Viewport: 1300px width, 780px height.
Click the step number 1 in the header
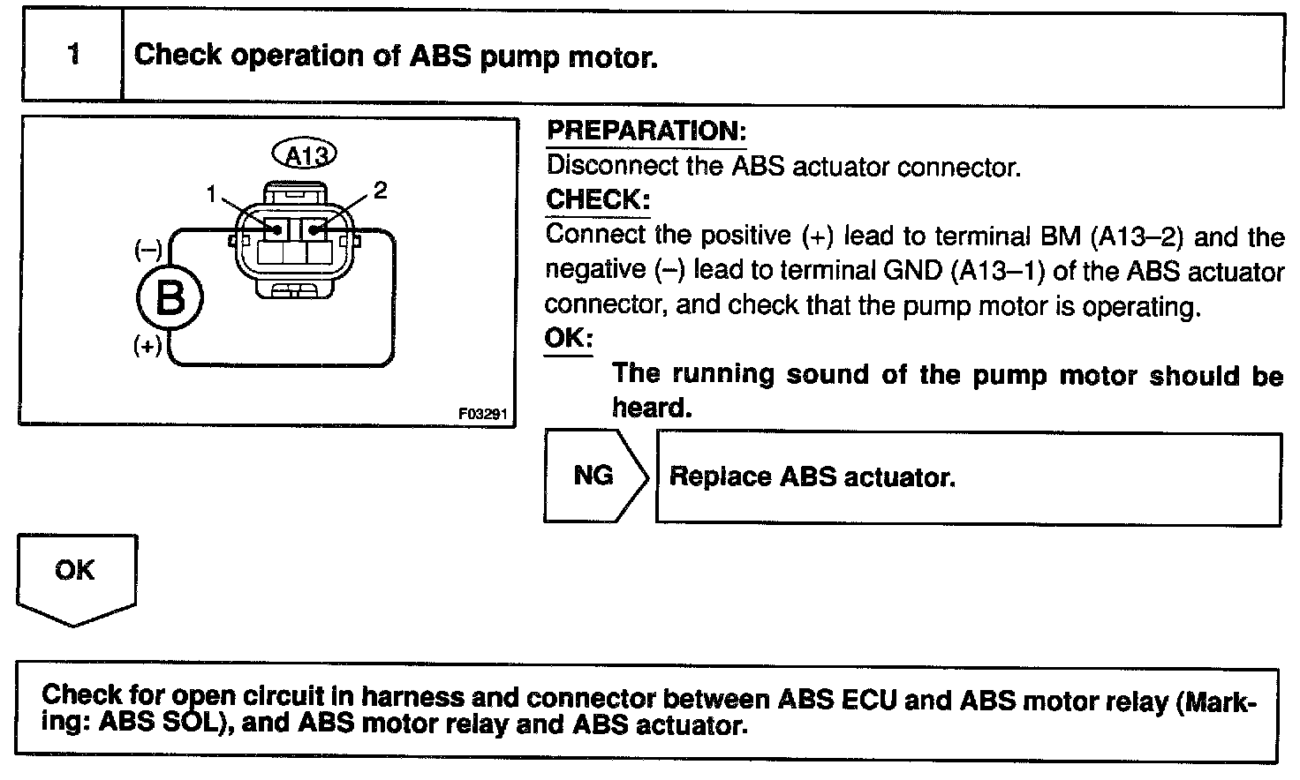coord(73,55)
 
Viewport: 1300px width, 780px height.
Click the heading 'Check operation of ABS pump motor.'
coord(395,56)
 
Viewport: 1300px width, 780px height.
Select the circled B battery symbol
coord(170,298)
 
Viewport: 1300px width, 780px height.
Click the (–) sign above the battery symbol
coord(147,251)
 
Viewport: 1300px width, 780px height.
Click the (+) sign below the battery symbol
coord(147,345)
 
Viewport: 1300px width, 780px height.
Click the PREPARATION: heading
coord(646,131)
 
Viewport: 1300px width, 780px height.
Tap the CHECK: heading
coord(598,199)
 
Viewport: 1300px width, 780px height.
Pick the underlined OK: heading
coord(569,338)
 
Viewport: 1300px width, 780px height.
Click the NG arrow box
coord(594,476)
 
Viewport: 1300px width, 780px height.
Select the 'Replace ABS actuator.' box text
coord(812,477)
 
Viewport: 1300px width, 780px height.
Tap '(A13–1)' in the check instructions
coord(998,271)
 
